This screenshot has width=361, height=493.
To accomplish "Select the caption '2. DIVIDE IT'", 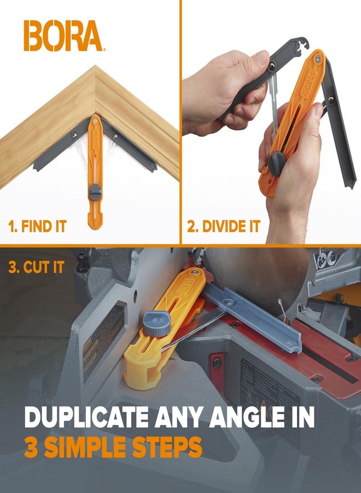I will (x=224, y=226).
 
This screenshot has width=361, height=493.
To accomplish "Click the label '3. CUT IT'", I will (x=37, y=268).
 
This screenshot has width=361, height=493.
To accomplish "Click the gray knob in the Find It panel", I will (x=95, y=192).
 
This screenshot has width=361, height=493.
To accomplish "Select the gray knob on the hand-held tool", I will (x=276, y=164).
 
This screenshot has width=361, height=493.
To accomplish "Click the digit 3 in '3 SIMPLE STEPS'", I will (x=32, y=447).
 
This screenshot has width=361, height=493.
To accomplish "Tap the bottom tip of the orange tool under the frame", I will (x=95, y=225).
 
